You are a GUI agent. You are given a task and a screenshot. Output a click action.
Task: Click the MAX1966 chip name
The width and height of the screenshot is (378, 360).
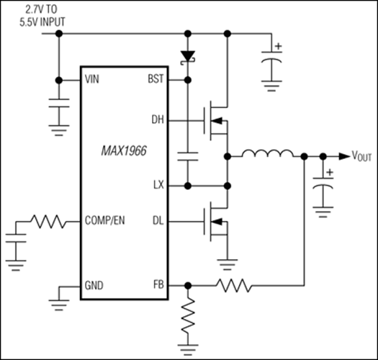[x=122, y=152]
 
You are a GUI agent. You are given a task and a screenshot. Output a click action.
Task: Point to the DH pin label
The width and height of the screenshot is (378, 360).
[x=158, y=119]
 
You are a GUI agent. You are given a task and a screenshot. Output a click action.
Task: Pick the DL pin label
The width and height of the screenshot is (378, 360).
[x=158, y=220]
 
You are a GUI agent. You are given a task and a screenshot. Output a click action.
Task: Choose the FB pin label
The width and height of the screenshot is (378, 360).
[x=158, y=285]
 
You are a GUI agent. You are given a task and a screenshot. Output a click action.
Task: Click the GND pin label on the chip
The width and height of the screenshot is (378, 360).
[x=94, y=285]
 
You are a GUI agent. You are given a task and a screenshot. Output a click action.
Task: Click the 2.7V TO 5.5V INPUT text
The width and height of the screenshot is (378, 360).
[x=37, y=16]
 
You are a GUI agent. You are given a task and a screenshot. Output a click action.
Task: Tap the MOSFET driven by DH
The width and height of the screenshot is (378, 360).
[x=217, y=119]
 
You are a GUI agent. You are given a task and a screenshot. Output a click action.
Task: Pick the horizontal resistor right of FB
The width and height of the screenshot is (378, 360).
[x=235, y=287]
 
